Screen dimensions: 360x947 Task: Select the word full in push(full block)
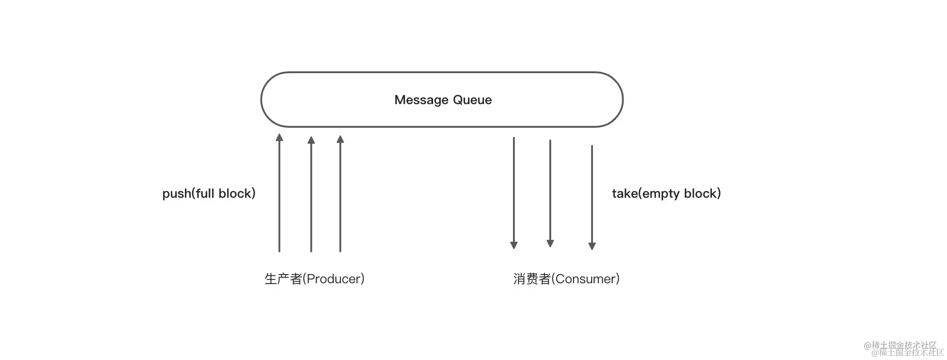205,193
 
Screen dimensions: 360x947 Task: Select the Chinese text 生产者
283,279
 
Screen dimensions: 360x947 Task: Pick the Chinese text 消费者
532,279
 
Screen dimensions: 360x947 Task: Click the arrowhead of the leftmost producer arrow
279,137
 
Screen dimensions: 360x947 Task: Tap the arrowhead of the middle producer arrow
311,140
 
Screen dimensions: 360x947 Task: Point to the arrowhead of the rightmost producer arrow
340,139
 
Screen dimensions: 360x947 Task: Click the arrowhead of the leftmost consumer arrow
514,245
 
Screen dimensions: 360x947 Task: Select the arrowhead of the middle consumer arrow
550,244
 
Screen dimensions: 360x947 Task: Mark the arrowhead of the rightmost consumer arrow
592,246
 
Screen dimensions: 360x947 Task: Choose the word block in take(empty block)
700,194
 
